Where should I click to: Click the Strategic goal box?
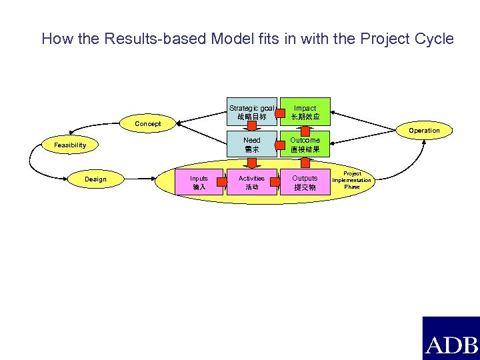click(251, 112)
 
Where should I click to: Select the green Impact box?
click(305, 112)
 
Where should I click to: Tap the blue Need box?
click(251, 145)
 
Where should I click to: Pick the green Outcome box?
click(305, 145)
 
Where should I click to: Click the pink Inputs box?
click(199, 183)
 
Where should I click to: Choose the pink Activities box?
click(251, 183)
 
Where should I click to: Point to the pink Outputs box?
click(305, 183)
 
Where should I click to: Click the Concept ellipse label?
click(147, 124)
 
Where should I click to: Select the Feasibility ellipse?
click(70, 145)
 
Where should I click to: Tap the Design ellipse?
click(95, 179)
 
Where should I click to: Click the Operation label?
click(424, 131)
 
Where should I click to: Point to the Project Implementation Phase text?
click(352, 180)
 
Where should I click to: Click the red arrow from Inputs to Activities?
click(225, 183)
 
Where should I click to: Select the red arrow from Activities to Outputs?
click(279, 183)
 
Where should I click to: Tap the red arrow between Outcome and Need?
click(279, 145)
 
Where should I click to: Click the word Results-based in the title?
click(153, 39)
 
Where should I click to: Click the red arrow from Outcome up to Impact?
click(305, 129)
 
